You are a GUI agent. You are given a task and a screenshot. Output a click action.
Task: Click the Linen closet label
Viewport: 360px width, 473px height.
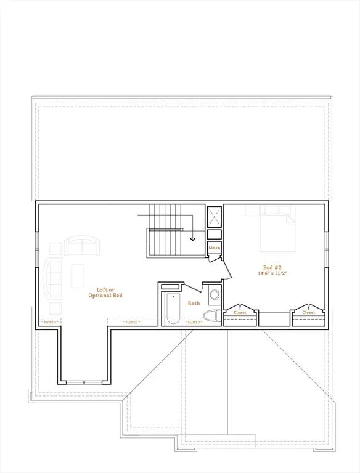pos(214,248)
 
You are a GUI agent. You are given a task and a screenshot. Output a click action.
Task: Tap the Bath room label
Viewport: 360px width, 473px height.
pos(194,303)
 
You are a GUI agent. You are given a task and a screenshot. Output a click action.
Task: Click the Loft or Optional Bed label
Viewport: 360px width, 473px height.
pos(110,293)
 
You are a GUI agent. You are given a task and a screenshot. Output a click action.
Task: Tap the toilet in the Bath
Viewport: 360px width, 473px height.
pos(211,316)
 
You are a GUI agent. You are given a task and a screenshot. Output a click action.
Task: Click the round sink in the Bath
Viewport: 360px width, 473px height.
pos(215,295)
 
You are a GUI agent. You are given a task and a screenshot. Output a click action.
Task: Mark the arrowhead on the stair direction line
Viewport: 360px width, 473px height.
pos(193,238)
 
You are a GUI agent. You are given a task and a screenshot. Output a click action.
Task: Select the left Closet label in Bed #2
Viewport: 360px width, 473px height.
pos(240,313)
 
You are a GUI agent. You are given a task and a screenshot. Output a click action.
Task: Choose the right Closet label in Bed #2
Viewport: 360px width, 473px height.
pos(308,313)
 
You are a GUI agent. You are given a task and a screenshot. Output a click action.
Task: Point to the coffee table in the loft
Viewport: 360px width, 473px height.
pos(78,275)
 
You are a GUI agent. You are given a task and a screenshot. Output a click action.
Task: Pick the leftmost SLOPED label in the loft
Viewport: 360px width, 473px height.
pos(49,322)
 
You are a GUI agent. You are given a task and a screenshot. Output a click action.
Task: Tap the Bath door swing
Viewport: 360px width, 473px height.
pos(193,288)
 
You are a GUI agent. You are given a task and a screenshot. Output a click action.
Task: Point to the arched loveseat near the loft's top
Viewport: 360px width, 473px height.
pos(82,246)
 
